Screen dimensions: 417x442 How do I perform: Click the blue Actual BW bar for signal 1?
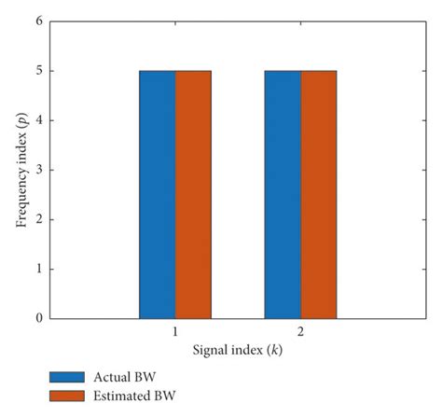(x=157, y=194)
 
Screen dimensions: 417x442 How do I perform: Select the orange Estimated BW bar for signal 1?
(x=193, y=194)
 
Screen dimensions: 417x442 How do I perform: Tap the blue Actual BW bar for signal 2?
(x=282, y=194)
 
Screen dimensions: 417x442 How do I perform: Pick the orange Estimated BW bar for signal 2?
(x=318, y=194)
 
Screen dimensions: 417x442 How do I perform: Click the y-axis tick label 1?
(x=38, y=270)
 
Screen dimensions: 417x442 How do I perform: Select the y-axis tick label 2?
(x=38, y=220)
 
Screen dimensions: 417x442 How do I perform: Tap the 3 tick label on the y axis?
(x=38, y=171)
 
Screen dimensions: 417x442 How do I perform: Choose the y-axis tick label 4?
(x=38, y=120)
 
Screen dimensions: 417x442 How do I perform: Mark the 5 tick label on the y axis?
(x=38, y=71)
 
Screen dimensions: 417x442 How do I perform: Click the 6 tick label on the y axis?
(x=38, y=21)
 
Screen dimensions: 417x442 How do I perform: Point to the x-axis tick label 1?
(x=175, y=332)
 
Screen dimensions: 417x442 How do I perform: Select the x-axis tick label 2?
(x=300, y=332)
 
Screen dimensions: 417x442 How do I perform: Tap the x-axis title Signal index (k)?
(x=237, y=351)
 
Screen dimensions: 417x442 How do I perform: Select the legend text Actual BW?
(x=123, y=377)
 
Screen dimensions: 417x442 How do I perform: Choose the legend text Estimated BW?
(x=132, y=396)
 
